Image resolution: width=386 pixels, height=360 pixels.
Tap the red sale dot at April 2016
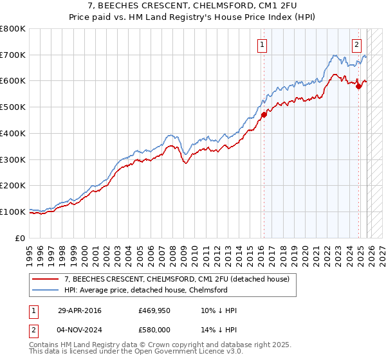264,115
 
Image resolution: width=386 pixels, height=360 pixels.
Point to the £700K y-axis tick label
12,55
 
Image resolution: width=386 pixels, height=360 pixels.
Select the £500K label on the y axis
12,107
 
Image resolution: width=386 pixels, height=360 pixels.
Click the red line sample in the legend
46,279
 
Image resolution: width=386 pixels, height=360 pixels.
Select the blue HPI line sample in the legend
46,290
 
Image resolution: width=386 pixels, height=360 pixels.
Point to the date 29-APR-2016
78,310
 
